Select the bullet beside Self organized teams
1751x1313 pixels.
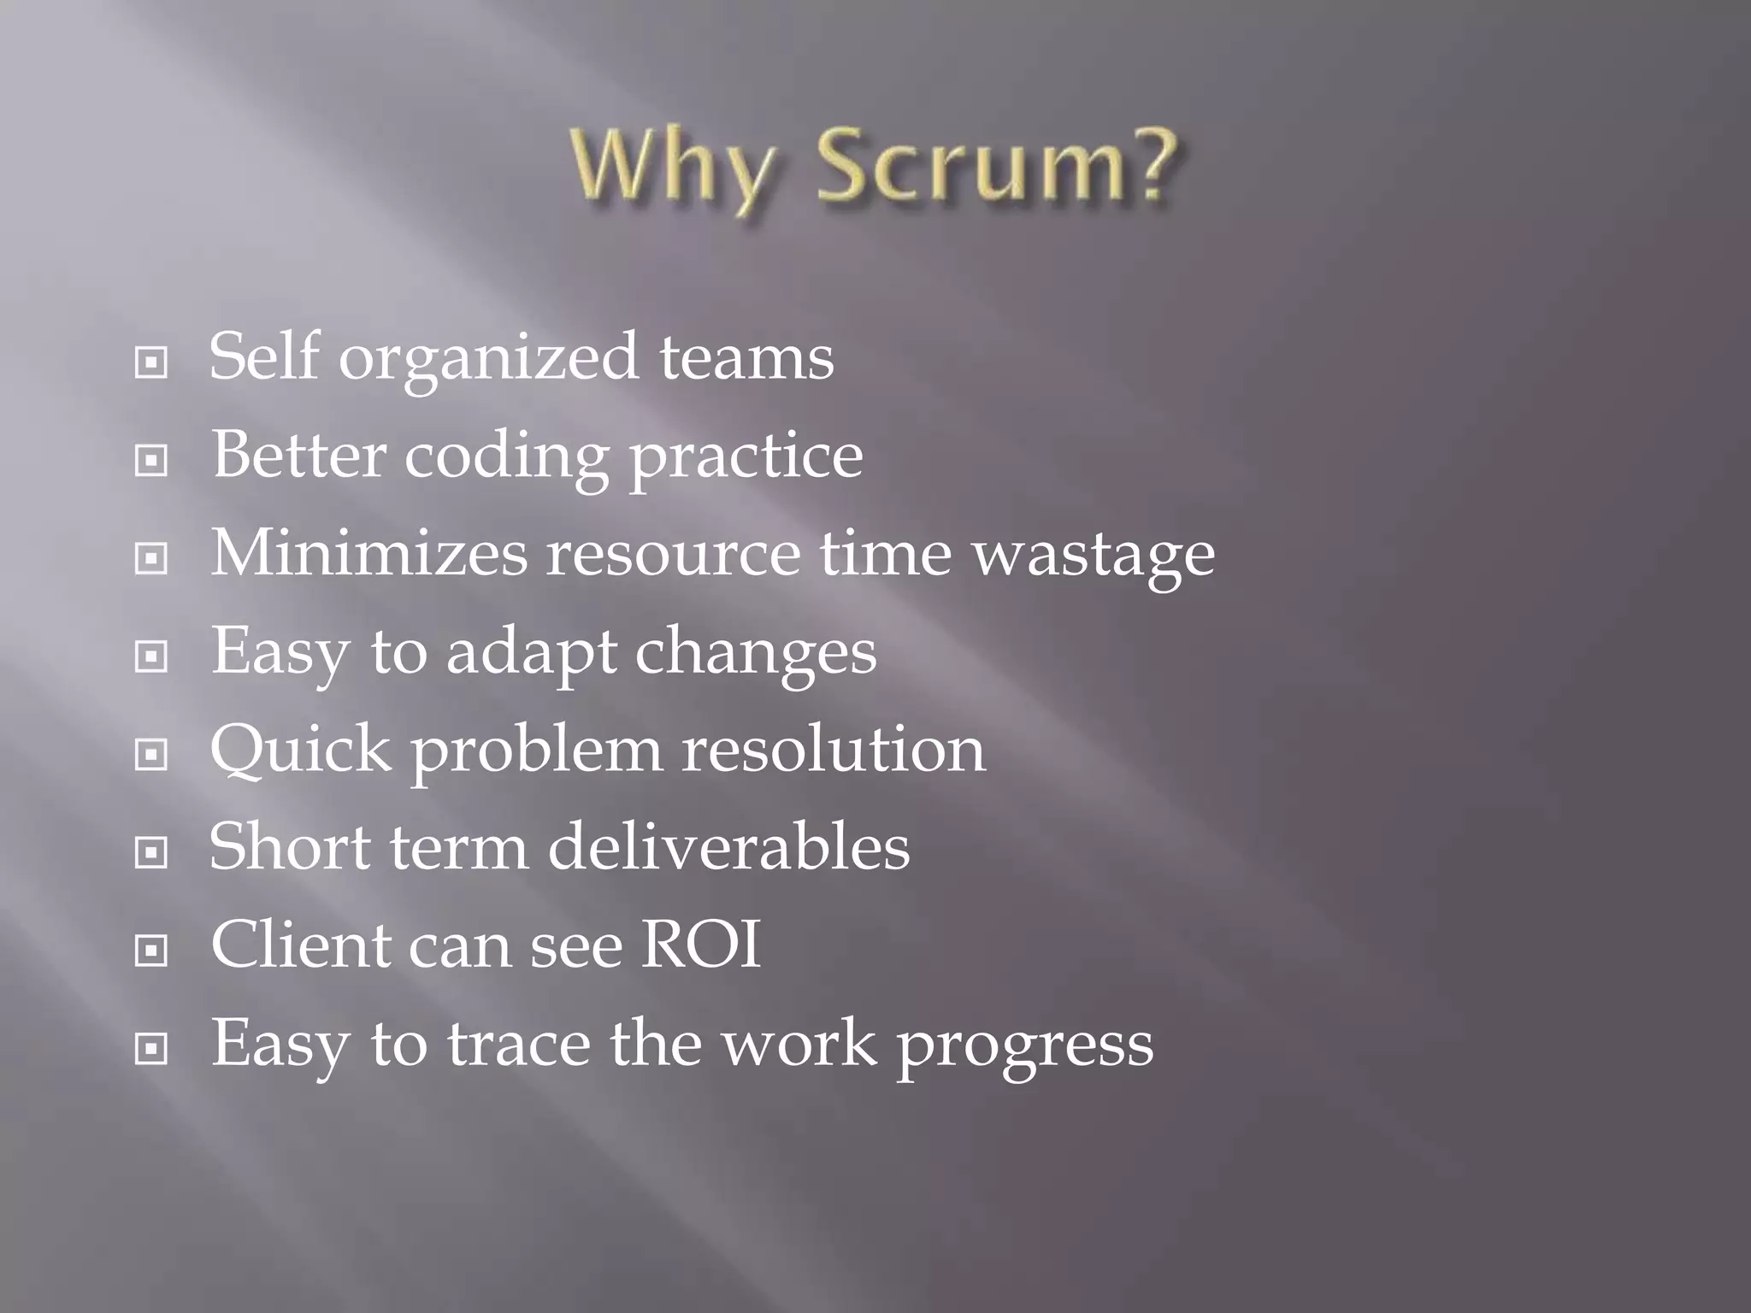[151, 363]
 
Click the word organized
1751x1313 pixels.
[488, 359]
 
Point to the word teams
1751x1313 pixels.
[746, 359]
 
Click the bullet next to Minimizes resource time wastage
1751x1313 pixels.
[151, 559]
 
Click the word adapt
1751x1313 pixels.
[531, 654]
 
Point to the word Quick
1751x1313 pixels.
[300, 751]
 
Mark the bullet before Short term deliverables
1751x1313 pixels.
[151, 852]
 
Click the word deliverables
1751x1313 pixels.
[728, 847]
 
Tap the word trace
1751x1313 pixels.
[519, 1044]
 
